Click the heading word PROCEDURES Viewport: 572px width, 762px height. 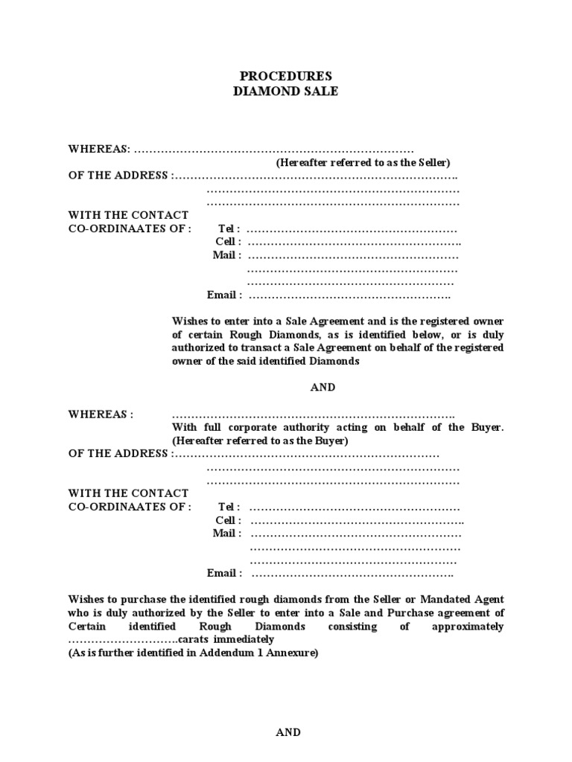[x=286, y=77]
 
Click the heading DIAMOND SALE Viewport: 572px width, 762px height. [x=286, y=92]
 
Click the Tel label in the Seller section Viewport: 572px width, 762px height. [x=229, y=228]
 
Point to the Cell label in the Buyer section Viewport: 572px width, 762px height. [x=227, y=520]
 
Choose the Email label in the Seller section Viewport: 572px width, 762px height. [x=224, y=295]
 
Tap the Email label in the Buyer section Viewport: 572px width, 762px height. [x=224, y=574]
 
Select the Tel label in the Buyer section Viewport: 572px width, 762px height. [x=229, y=507]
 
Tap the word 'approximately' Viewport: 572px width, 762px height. [x=468, y=627]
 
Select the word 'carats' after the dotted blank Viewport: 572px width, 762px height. [x=194, y=640]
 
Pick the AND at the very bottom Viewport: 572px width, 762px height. [x=288, y=732]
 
